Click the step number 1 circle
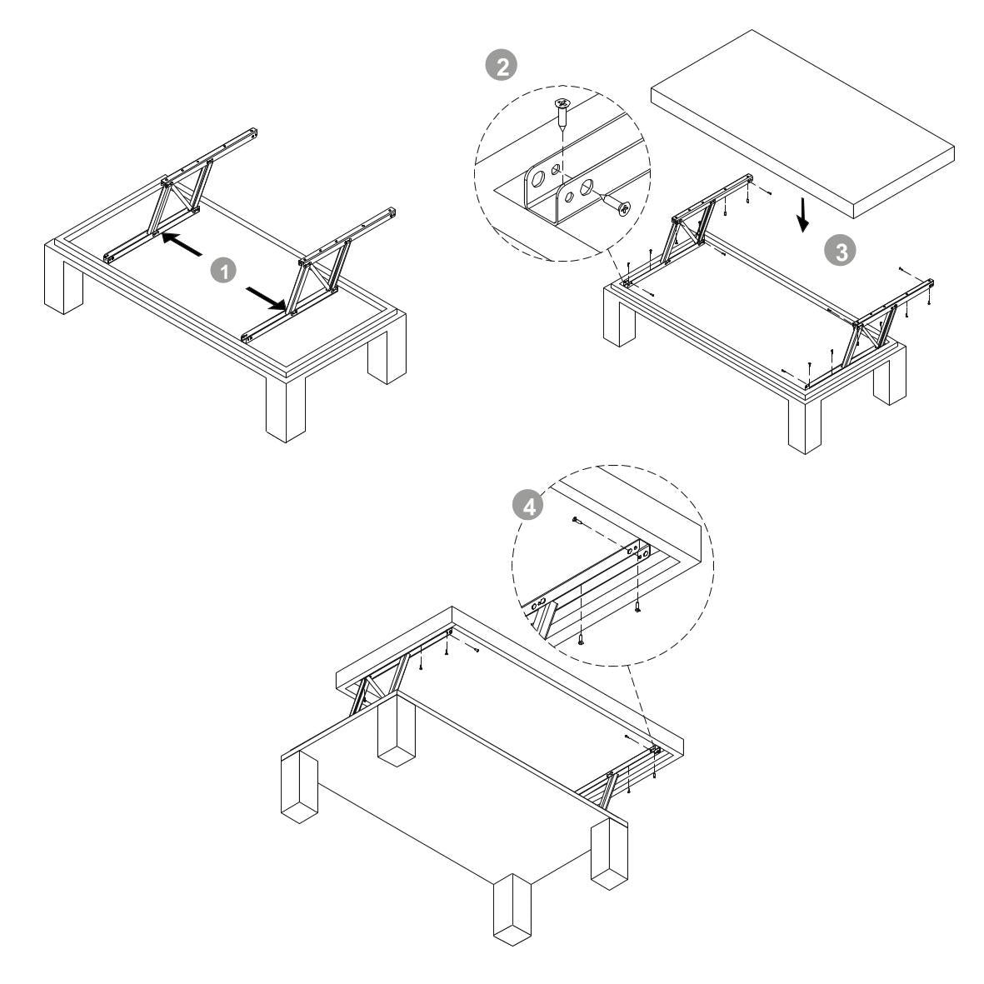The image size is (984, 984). (222, 271)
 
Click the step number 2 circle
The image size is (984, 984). (502, 66)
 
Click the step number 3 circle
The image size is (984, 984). (841, 251)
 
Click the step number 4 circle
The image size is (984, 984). (528, 506)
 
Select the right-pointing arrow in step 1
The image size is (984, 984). (267, 299)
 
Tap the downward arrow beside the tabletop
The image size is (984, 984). (802, 215)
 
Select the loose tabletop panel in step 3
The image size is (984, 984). (802, 123)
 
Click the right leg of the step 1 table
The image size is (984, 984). (387, 349)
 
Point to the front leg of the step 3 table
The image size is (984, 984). (805, 423)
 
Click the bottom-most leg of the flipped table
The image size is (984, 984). (512, 909)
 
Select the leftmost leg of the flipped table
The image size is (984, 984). (300, 787)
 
